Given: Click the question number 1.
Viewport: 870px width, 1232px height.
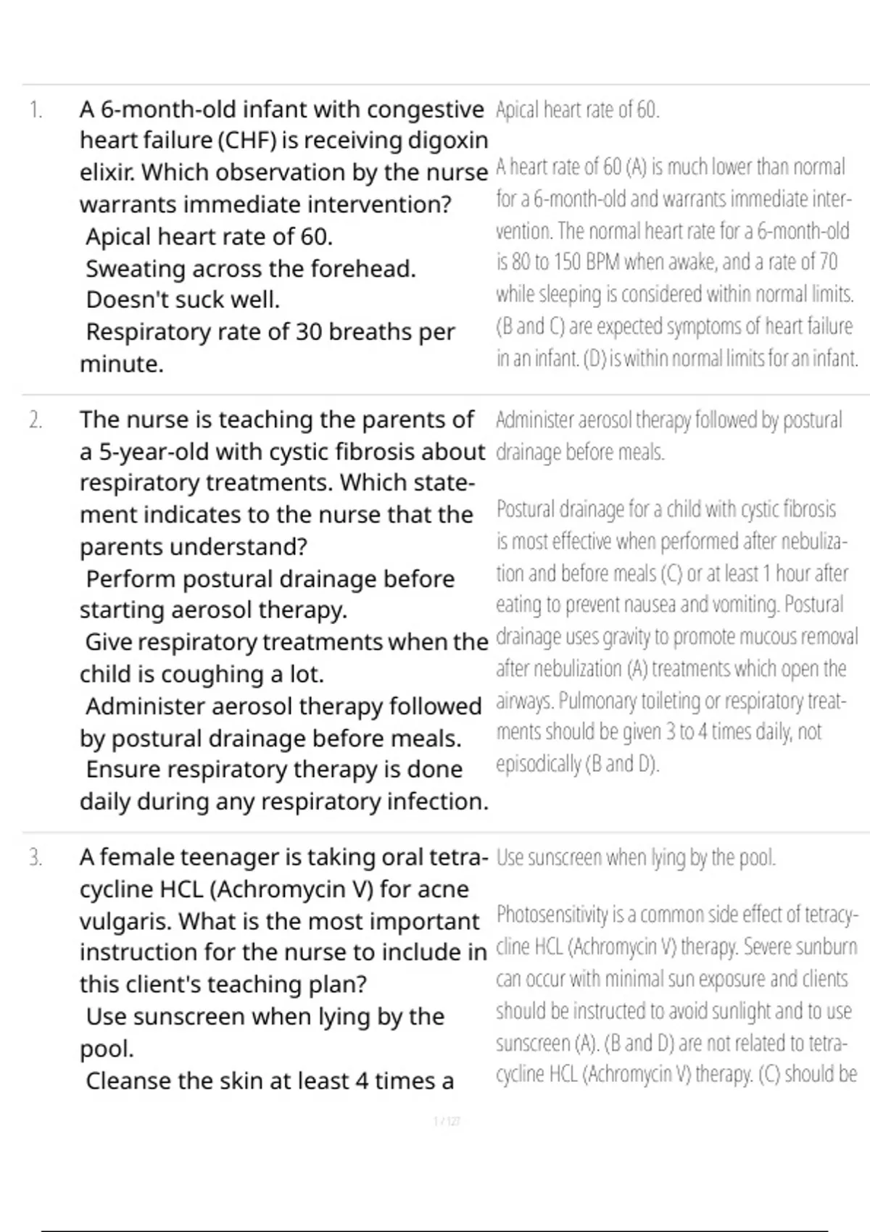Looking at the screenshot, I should [36, 110].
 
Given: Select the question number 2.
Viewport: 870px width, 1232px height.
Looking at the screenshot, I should [36, 420].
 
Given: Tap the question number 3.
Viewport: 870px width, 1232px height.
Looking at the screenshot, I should [36, 858].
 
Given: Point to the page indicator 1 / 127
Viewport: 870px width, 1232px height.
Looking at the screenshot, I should [447, 1121].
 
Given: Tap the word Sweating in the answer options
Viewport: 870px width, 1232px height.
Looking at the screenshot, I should [124, 269].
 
